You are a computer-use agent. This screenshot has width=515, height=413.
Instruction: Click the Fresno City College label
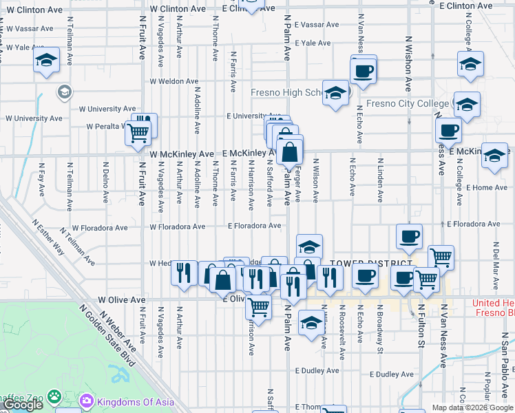(407, 104)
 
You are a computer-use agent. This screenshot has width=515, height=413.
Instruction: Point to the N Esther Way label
(49, 237)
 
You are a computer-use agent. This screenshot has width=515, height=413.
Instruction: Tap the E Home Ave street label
(486, 187)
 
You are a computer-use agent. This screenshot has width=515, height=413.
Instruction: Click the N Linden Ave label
(379, 180)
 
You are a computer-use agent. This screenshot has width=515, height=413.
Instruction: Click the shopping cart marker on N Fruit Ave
(138, 133)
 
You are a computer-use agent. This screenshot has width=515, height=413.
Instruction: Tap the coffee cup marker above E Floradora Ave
(409, 237)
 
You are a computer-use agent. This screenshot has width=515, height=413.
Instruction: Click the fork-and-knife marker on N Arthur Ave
(183, 273)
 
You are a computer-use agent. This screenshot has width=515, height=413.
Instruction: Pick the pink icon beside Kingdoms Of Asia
(87, 400)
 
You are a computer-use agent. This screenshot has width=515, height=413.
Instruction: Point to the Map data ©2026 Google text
(472, 407)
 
